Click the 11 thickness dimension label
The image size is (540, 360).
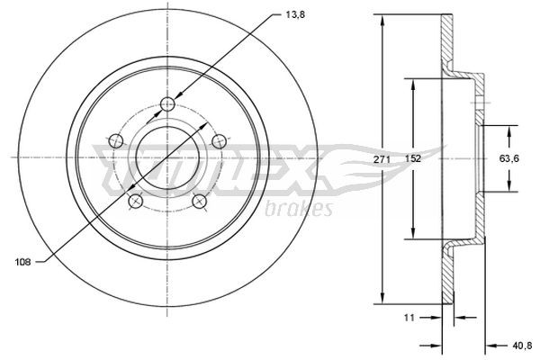click(x=409, y=318)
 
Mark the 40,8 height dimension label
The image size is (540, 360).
click(x=520, y=344)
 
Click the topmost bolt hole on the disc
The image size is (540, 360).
click(x=166, y=105)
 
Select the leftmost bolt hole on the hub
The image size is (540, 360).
click(x=114, y=140)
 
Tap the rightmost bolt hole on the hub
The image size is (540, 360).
click(x=217, y=140)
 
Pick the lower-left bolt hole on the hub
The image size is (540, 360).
click(x=134, y=200)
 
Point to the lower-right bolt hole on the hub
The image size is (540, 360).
click(x=198, y=200)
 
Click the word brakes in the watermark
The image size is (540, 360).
click(x=301, y=210)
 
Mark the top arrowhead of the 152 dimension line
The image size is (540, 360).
click(x=413, y=82)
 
